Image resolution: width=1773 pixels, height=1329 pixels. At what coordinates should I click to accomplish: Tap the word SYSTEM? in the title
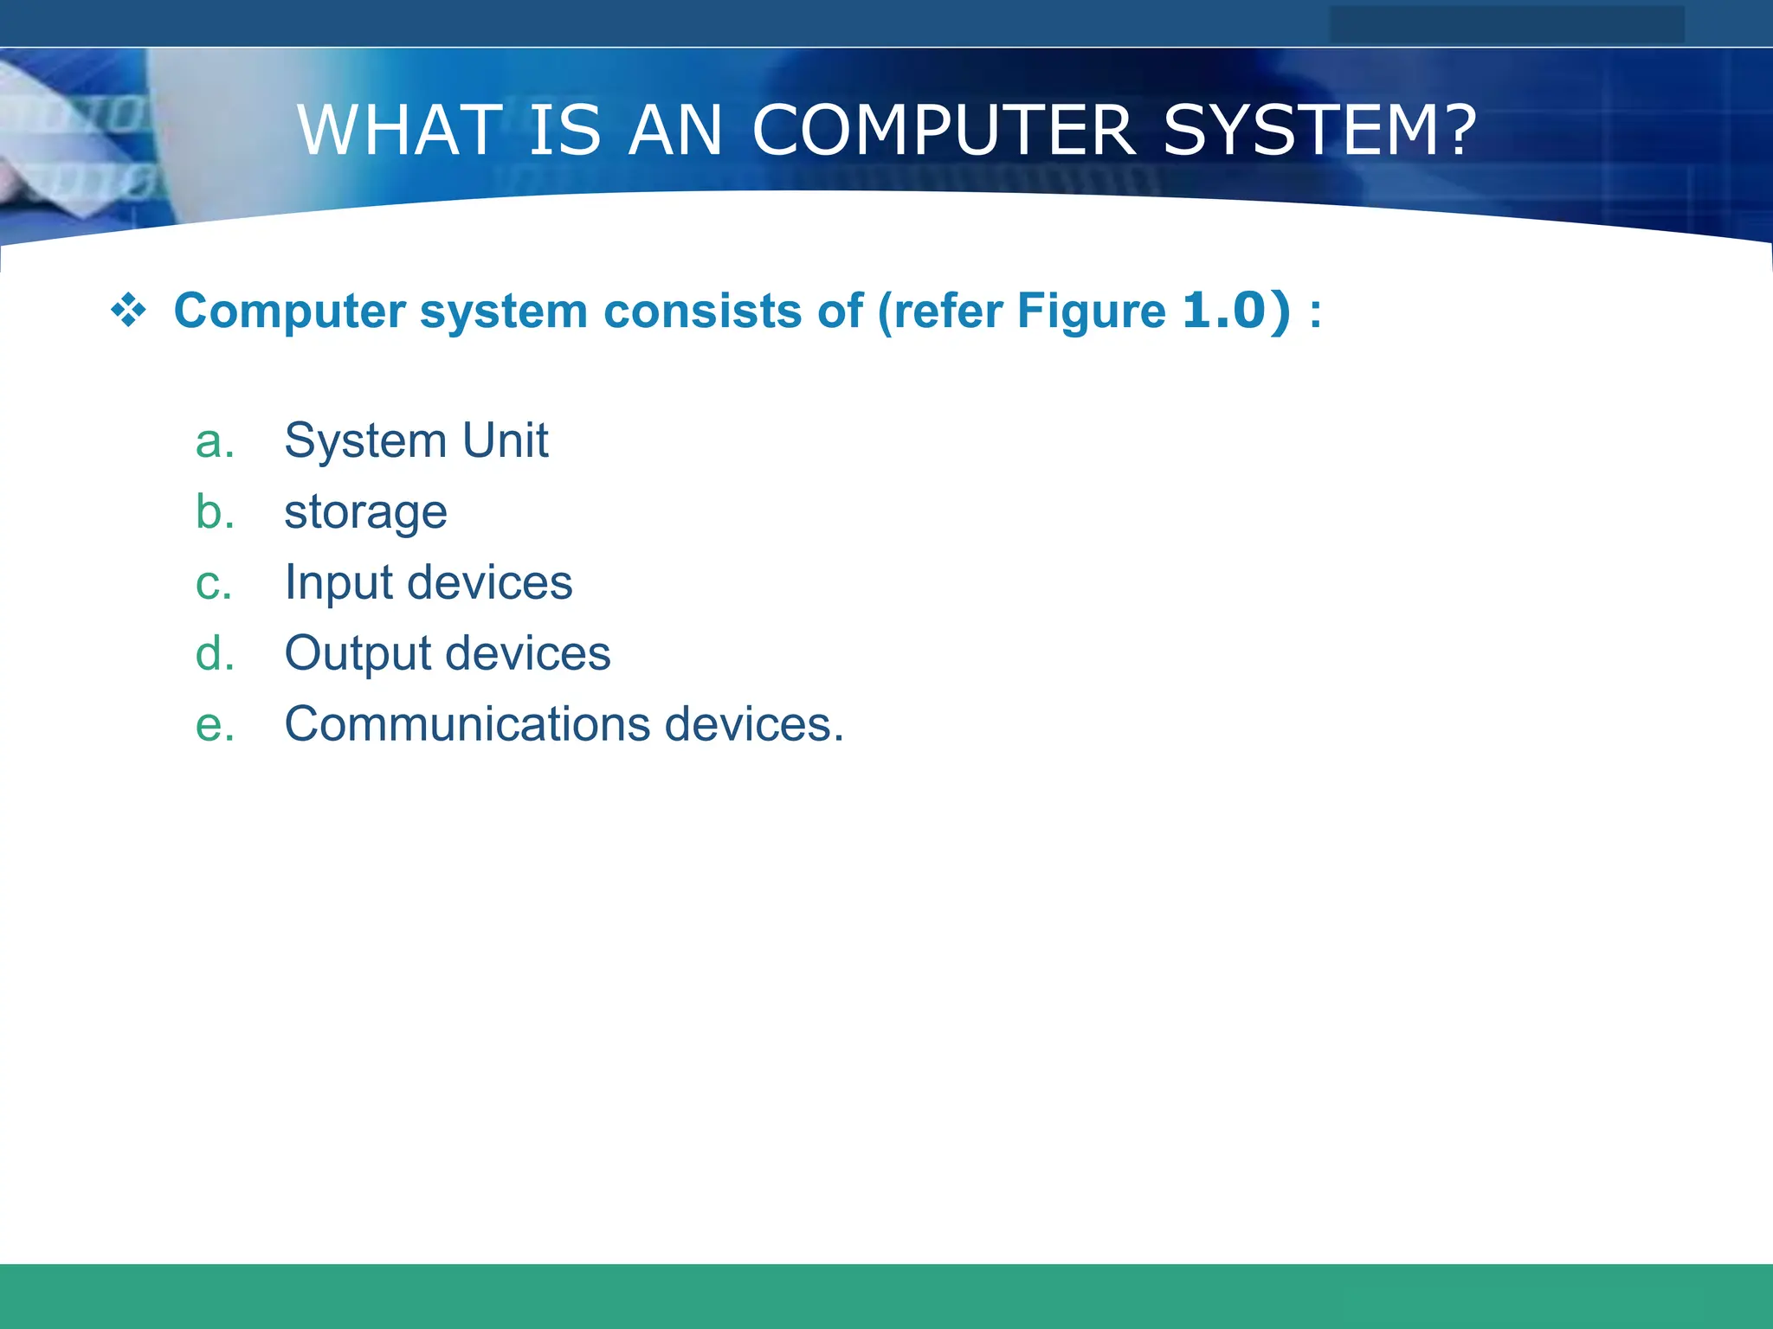pyautogui.click(x=1319, y=131)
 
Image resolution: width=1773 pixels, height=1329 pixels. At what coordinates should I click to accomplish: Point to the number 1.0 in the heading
pyautogui.click(x=1224, y=310)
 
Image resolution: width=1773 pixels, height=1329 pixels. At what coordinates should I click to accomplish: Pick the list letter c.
pyautogui.click(x=214, y=583)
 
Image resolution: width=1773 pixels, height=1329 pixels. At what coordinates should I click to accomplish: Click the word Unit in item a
pyautogui.click(x=506, y=440)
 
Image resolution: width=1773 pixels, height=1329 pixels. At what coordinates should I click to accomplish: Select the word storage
pyautogui.click(x=365, y=513)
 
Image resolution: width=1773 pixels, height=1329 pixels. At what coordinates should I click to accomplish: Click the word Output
pyautogui.click(x=358, y=653)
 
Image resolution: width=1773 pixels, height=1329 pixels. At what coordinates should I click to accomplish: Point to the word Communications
pyautogui.click(x=467, y=724)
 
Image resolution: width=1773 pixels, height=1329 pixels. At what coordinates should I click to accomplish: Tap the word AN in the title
pyautogui.click(x=675, y=131)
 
